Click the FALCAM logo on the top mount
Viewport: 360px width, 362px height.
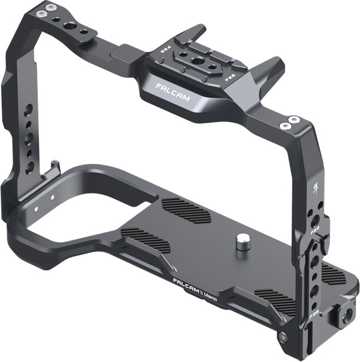point(173,93)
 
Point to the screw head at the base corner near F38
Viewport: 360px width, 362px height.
point(283,335)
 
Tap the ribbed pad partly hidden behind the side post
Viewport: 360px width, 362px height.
point(333,275)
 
